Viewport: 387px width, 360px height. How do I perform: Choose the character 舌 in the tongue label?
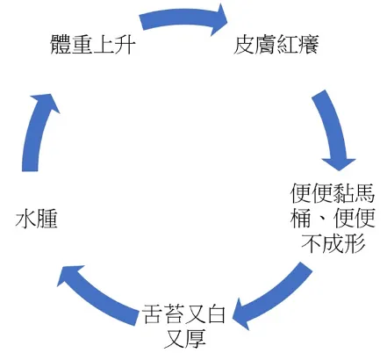(152, 312)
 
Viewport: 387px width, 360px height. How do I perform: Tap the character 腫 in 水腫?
(47, 220)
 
